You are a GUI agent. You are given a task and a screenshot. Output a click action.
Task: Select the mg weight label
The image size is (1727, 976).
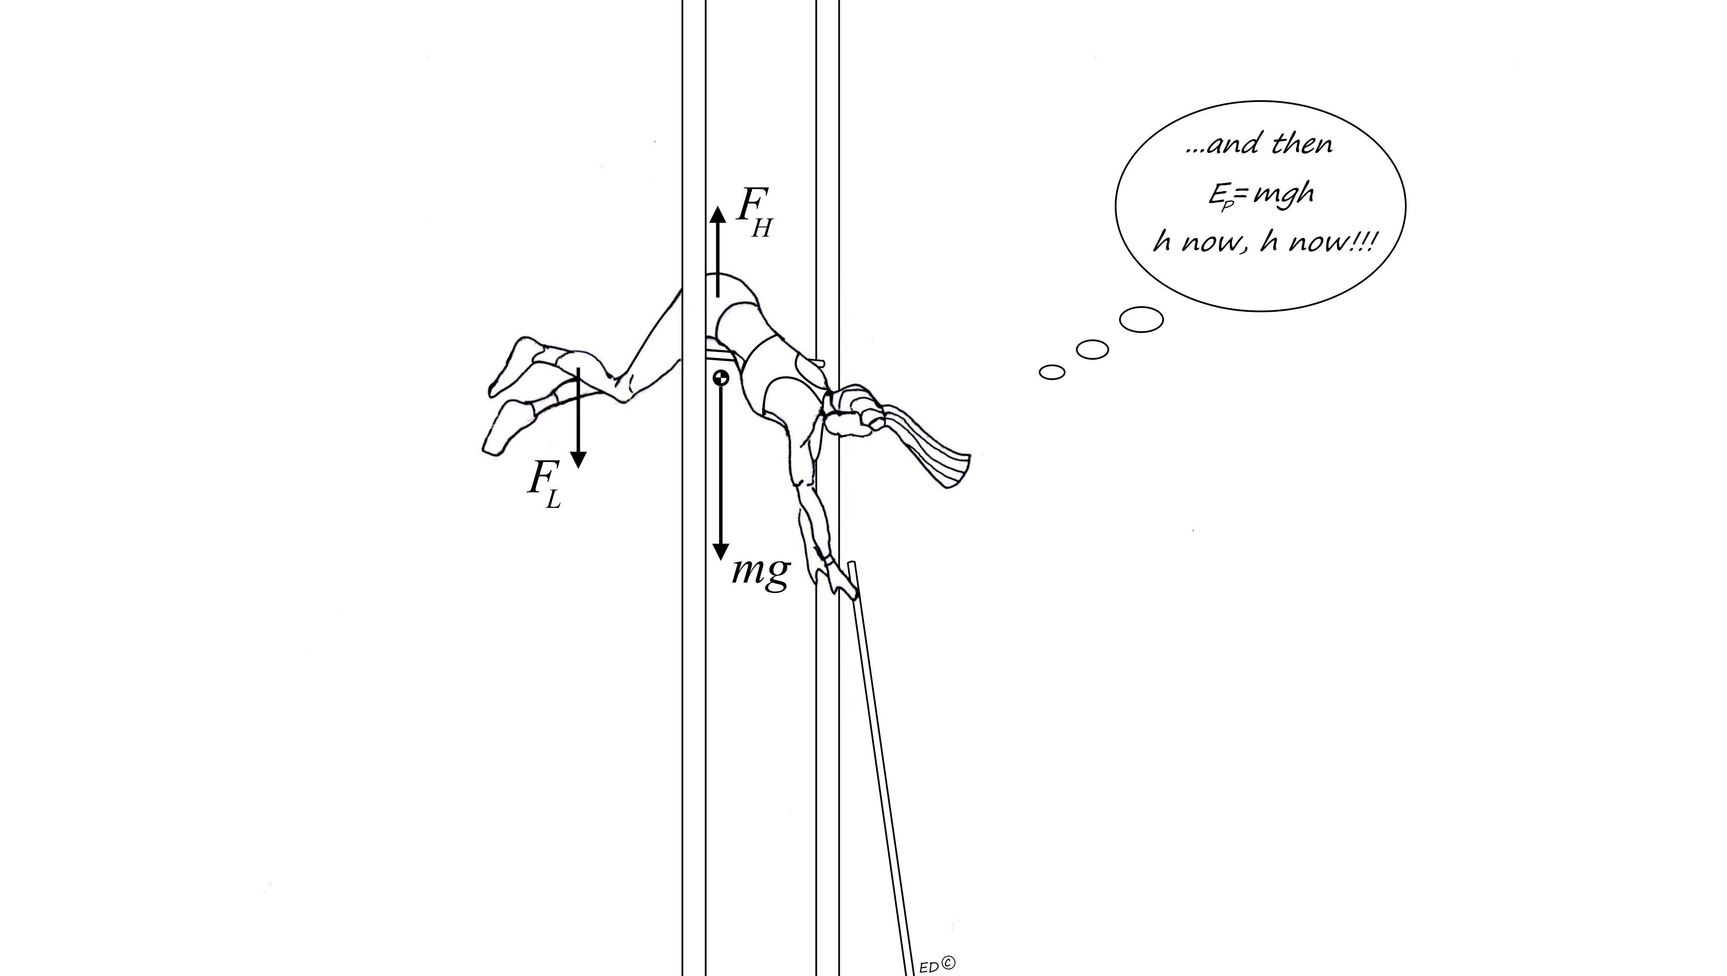coord(761,572)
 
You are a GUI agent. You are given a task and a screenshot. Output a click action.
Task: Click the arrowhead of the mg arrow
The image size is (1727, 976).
coord(720,551)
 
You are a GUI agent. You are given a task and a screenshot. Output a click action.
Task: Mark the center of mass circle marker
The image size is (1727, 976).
coord(721,377)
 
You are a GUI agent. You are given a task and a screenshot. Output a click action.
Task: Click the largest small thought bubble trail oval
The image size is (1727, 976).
coord(1141,319)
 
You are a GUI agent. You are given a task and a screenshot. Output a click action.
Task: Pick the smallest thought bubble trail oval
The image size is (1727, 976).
coord(1052,372)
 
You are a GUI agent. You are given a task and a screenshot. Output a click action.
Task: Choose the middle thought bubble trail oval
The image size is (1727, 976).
coord(1092,349)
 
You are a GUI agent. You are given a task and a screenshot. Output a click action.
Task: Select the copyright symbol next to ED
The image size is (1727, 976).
coord(948,963)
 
